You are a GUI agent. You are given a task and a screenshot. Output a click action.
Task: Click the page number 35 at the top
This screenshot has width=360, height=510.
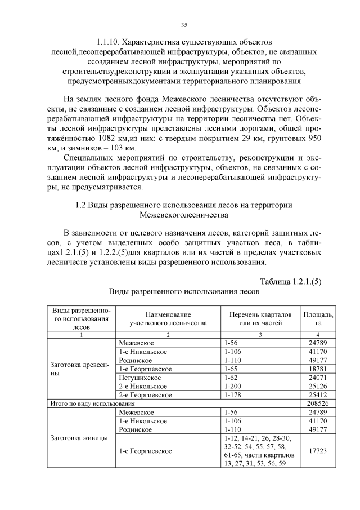(x=184, y=25)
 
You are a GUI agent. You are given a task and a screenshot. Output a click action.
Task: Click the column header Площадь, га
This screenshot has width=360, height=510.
(x=318, y=318)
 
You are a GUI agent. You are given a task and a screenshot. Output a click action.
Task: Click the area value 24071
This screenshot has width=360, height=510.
(x=318, y=377)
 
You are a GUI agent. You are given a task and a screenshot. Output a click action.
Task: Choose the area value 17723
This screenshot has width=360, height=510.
(x=318, y=451)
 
